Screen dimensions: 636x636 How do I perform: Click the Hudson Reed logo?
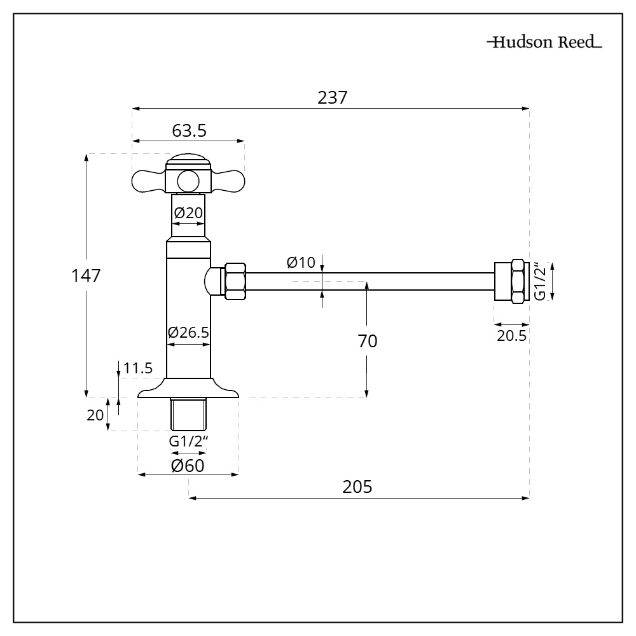[544, 44]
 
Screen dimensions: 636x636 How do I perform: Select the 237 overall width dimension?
[331, 98]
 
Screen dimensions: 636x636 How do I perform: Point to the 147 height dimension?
[86, 276]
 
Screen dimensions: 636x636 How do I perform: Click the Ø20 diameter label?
[188, 212]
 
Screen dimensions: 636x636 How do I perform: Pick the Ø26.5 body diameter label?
[188, 332]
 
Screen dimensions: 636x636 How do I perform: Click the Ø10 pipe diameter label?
[301, 262]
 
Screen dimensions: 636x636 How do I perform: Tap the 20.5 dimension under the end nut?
[511, 336]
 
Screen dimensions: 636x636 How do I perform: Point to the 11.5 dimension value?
[138, 368]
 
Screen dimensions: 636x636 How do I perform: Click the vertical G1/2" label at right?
[539, 280]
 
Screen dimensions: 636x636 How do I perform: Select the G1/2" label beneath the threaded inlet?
[188, 441]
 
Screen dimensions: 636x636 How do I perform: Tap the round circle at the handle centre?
[188, 181]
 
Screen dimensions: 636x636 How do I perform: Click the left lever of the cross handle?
[148, 181]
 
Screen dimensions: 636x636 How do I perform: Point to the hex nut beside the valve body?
[235, 280]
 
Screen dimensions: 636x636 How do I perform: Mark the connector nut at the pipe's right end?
[511, 280]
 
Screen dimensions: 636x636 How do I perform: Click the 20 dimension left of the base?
[95, 415]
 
